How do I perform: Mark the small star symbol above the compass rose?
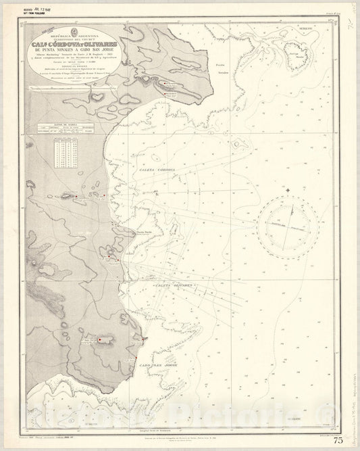[x=288, y=190]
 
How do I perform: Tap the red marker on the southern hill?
[x=102, y=339]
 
